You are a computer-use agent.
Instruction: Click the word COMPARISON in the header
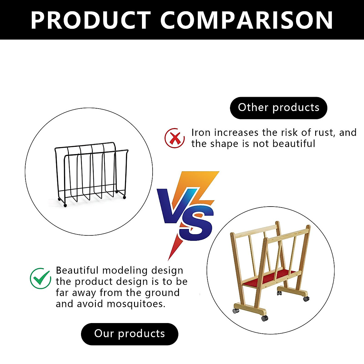[x=246, y=20]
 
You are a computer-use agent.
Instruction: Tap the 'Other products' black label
[x=278, y=108]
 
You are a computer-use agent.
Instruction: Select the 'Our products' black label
[x=130, y=334]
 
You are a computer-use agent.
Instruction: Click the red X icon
[x=174, y=138]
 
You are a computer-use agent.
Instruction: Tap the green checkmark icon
[x=40, y=278]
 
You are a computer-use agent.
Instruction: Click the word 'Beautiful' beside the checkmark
[x=77, y=270]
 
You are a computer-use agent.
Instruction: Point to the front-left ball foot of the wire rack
[x=65, y=205]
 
